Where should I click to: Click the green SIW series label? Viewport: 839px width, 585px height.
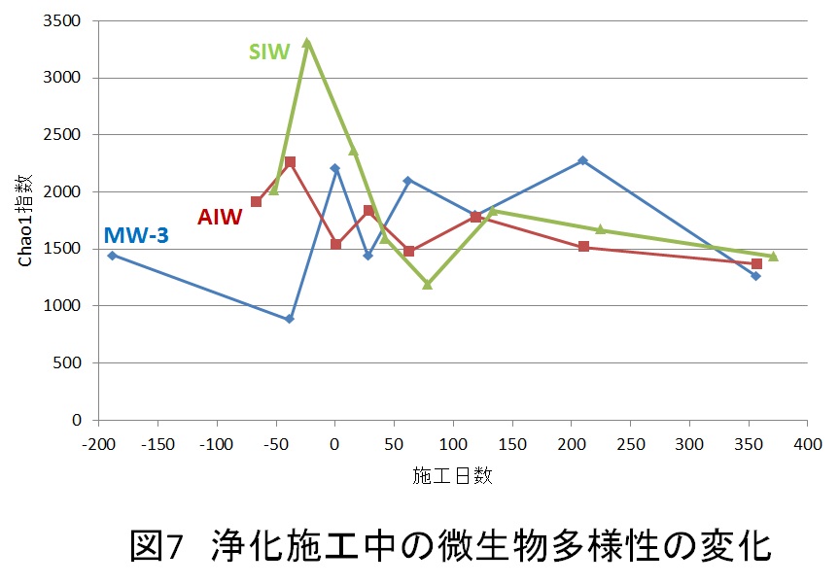(x=269, y=52)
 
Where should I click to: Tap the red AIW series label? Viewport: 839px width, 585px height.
(x=220, y=217)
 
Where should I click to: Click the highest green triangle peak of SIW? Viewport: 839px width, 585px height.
(x=307, y=43)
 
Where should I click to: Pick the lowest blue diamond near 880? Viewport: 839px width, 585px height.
(x=290, y=319)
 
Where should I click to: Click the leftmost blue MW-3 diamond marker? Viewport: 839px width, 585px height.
(x=112, y=256)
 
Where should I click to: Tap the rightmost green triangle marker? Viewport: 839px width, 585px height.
(x=773, y=257)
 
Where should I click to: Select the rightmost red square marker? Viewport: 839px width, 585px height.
(x=756, y=263)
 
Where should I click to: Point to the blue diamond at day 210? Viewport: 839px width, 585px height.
(x=583, y=160)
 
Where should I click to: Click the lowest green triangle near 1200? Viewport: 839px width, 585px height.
(x=427, y=285)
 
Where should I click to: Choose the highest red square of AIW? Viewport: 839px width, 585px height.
(x=290, y=161)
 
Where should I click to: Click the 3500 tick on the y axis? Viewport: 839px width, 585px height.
(x=68, y=20)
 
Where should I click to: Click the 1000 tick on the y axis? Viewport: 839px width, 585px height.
(x=68, y=306)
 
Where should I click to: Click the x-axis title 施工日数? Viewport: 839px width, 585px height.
(x=452, y=476)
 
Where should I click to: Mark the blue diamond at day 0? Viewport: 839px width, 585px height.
(x=335, y=168)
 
